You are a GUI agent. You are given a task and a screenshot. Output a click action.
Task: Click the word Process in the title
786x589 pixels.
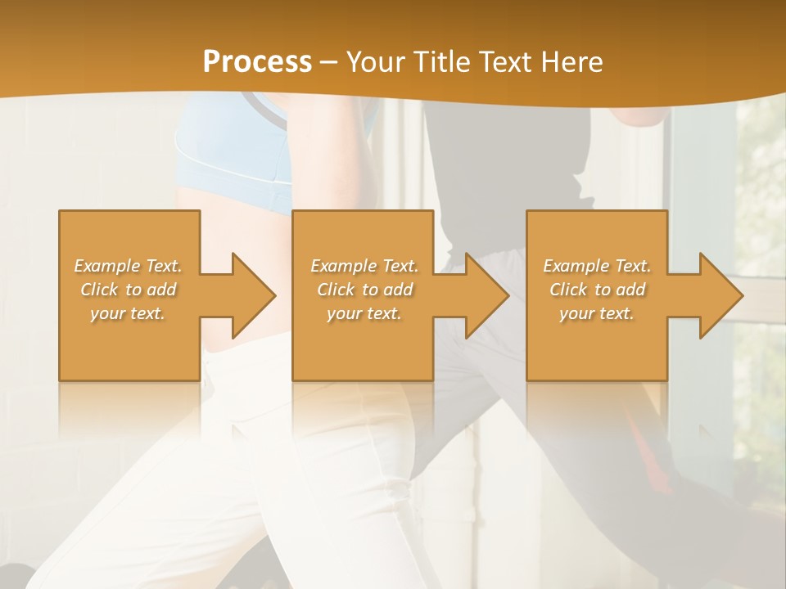257,61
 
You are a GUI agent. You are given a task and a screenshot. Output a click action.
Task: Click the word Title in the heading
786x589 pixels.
440,61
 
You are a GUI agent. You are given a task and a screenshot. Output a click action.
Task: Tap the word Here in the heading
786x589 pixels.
572,61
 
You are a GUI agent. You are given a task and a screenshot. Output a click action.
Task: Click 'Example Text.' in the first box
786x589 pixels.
128,266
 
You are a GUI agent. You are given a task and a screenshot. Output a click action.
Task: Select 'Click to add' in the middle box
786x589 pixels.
364,290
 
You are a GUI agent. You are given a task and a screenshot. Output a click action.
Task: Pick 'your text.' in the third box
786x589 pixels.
597,313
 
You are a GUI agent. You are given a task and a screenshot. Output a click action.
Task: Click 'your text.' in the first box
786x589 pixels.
128,313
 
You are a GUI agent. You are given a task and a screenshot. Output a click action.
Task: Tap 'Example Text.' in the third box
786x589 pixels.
597,266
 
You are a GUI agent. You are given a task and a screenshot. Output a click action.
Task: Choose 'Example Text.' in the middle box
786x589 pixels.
364,266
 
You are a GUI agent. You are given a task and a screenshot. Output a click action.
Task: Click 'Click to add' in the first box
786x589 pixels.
128,290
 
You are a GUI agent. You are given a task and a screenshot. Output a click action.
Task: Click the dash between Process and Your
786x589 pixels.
328,62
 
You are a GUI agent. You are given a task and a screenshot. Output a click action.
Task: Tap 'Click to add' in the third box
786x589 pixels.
597,290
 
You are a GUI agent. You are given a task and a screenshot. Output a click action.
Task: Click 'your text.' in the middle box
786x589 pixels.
364,313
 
